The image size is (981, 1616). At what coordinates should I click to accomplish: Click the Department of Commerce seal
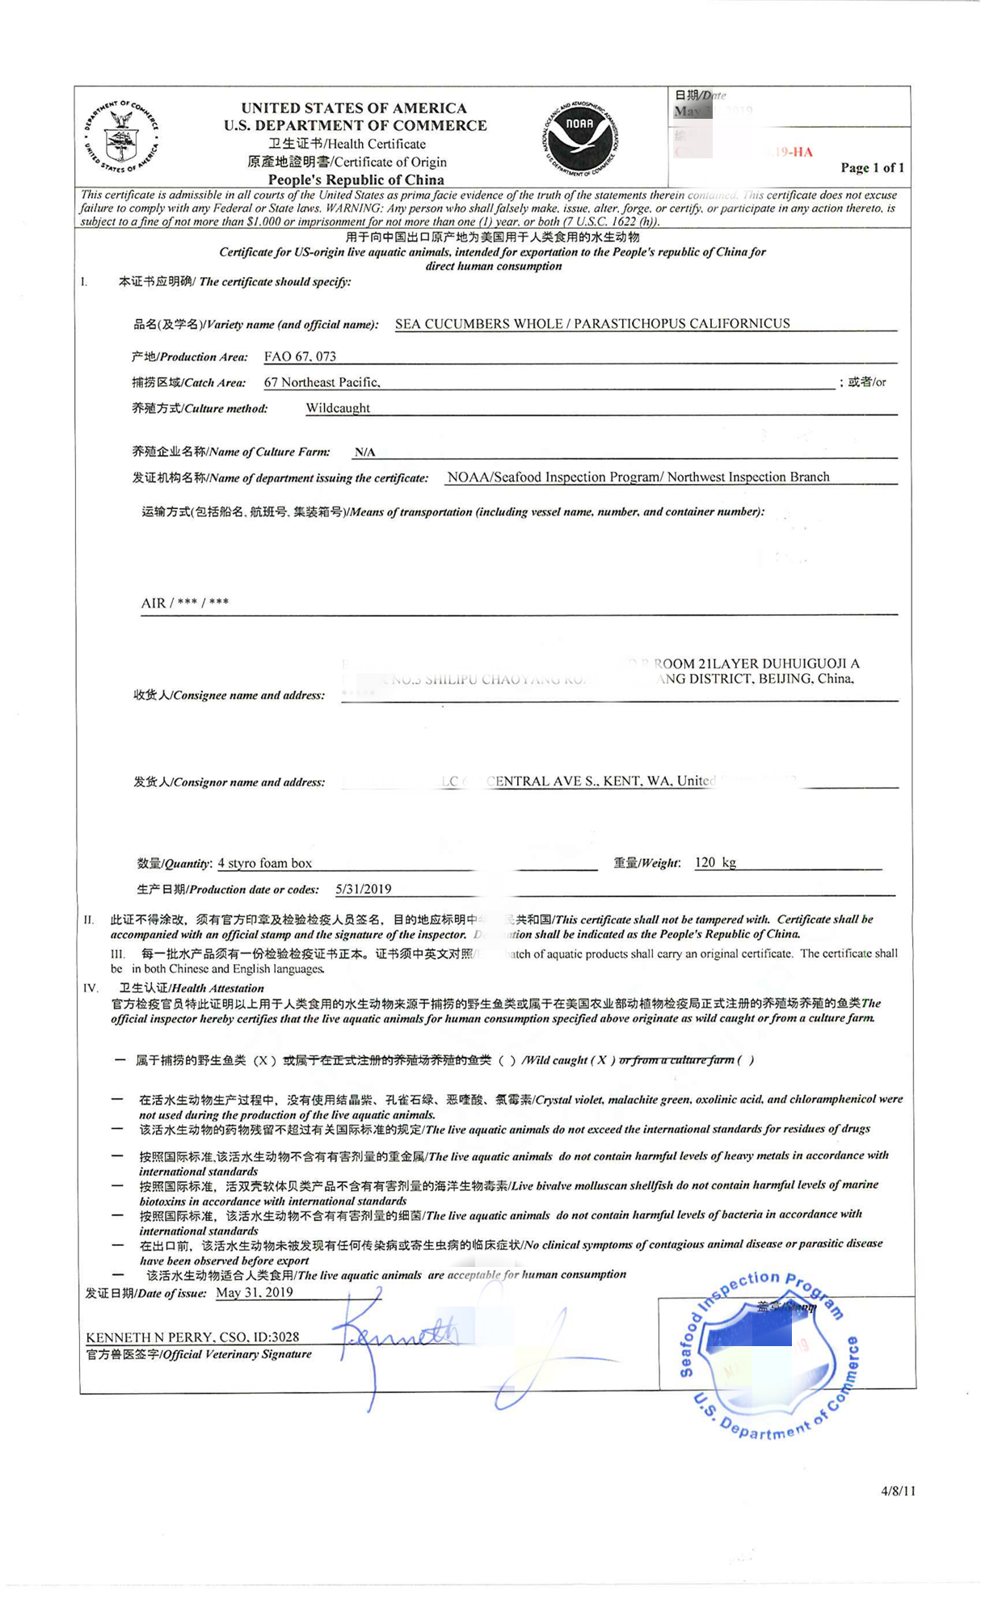(121, 136)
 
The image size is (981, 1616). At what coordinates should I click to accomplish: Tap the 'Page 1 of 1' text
(872, 168)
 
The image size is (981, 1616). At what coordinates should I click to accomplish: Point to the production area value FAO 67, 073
(300, 356)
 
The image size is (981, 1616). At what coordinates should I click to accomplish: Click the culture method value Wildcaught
(338, 408)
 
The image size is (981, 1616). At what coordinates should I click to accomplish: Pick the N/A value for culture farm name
(364, 452)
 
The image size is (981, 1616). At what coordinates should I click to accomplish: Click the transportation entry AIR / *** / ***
(185, 603)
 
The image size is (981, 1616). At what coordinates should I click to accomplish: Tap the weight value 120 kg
(715, 862)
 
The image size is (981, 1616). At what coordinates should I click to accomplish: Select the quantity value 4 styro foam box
(265, 863)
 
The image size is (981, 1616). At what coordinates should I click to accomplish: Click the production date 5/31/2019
(364, 889)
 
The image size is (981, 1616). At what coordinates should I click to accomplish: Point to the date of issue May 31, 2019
(255, 1292)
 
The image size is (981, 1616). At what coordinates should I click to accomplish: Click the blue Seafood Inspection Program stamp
(766, 1356)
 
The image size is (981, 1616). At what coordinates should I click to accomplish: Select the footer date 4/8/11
(898, 1491)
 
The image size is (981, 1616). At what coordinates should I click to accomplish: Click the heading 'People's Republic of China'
(356, 179)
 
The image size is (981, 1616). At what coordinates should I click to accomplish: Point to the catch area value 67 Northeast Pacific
(322, 382)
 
